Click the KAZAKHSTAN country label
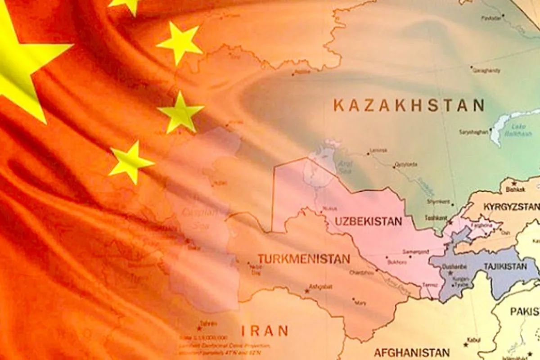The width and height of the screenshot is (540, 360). tap(409, 106)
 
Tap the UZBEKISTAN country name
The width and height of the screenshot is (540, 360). tap(368, 221)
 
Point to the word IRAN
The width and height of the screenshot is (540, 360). tap(265, 331)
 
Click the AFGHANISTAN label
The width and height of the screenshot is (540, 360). tap(411, 352)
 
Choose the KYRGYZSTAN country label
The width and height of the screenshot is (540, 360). tap(511, 207)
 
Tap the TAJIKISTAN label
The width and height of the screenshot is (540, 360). tap(505, 266)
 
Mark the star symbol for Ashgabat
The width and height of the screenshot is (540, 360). tap(307, 291)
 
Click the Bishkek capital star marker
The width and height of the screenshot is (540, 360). tap(513, 184)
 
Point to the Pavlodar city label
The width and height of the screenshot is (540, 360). tap(491, 18)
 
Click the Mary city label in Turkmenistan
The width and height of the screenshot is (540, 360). tap(360, 303)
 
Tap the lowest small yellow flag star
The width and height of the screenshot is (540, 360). tap(130, 161)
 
